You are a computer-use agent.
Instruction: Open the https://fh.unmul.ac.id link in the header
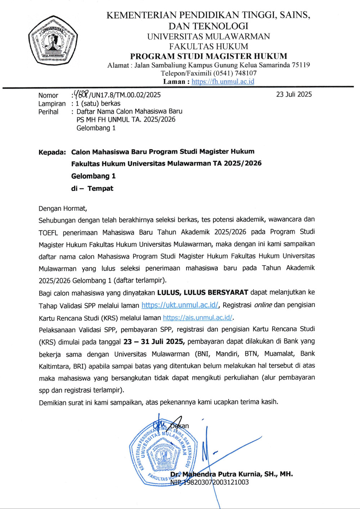pos(223,81)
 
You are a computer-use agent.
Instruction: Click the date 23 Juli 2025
pos(294,94)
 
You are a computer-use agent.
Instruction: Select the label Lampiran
pos(52,104)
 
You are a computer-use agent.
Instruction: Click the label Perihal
pos(48,112)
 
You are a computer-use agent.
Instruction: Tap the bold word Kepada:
pos(52,152)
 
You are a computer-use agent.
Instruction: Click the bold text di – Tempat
pos(92,189)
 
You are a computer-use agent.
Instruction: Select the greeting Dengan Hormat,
pos(63,208)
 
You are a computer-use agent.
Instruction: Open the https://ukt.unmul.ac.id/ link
pos(180,305)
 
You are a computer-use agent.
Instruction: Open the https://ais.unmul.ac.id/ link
pos(198,318)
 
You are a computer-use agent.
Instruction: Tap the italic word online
pos(263,305)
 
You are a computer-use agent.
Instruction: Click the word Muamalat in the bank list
pos(279,353)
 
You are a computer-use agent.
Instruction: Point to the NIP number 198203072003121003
pos(216,482)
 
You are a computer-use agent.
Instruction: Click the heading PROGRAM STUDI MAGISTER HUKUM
pos(208,56)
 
